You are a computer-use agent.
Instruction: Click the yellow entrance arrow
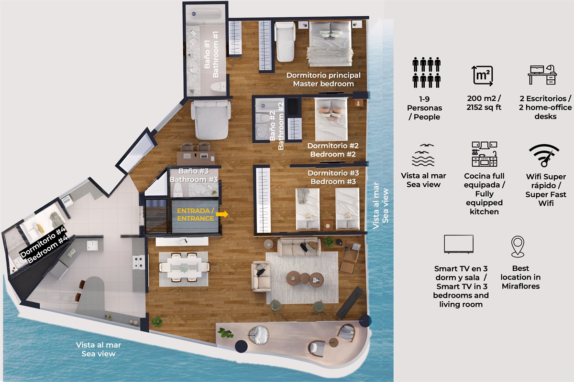click(222, 214)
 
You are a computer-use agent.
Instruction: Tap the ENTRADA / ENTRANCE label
click(196, 214)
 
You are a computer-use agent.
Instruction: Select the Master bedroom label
click(323, 79)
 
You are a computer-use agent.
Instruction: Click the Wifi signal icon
click(544, 155)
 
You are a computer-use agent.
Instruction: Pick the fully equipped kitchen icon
click(484, 154)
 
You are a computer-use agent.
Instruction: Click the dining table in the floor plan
click(184, 267)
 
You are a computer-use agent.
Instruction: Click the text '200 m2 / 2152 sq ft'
click(484, 103)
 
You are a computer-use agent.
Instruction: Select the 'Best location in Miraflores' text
click(521, 277)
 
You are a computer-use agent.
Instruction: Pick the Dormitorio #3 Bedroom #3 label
click(333, 177)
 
